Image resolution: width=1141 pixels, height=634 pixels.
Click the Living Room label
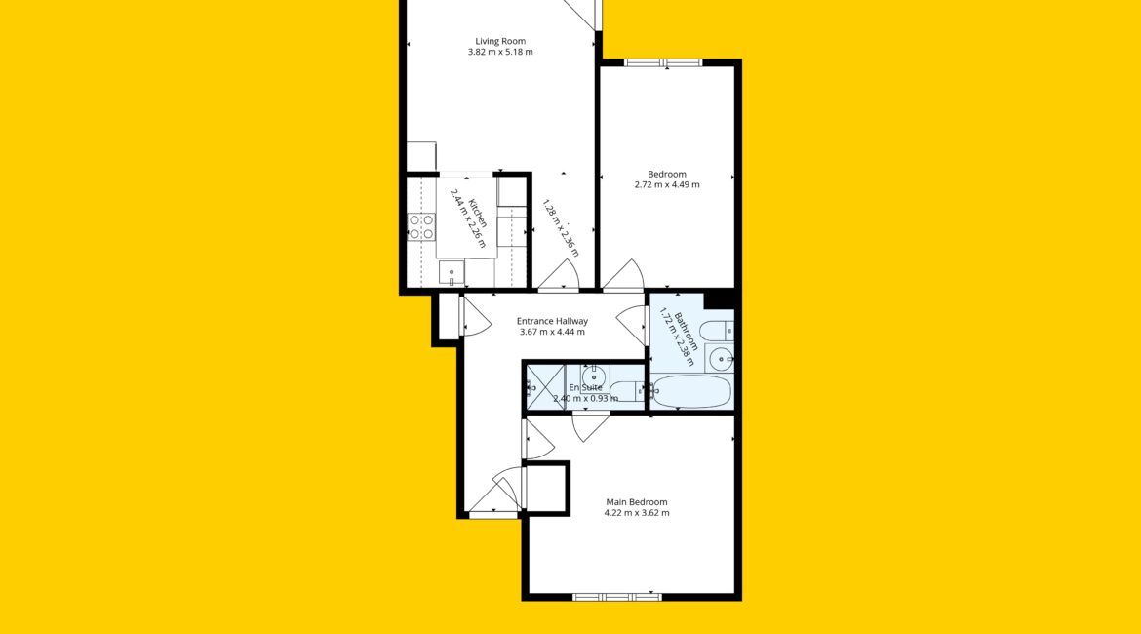pos(500,42)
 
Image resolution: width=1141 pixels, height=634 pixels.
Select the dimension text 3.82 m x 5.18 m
pos(500,53)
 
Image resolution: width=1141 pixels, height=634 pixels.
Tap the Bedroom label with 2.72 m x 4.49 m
pos(666,174)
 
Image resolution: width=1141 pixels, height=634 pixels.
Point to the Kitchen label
pos(477,214)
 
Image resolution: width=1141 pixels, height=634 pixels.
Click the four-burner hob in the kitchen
pos(421,226)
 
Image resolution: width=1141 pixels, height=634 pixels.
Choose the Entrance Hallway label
pos(552,321)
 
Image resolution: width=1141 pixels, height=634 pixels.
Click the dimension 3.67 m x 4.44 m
pos(552,332)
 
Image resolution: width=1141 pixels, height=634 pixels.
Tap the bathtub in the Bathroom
pos(691,391)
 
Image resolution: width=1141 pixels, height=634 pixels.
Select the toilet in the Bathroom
pos(718,331)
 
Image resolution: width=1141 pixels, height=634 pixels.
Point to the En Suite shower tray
pos(546,387)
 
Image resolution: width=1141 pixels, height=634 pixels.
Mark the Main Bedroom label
pos(637,502)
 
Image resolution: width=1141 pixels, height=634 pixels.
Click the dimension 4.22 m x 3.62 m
pos(637,513)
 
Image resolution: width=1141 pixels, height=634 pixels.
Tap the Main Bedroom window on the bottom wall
pos(617,598)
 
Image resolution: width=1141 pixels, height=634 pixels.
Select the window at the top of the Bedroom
pos(663,62)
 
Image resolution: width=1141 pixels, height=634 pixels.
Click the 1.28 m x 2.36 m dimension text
pos(561,228)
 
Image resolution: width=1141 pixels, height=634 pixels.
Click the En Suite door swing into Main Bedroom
pos(589,428)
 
